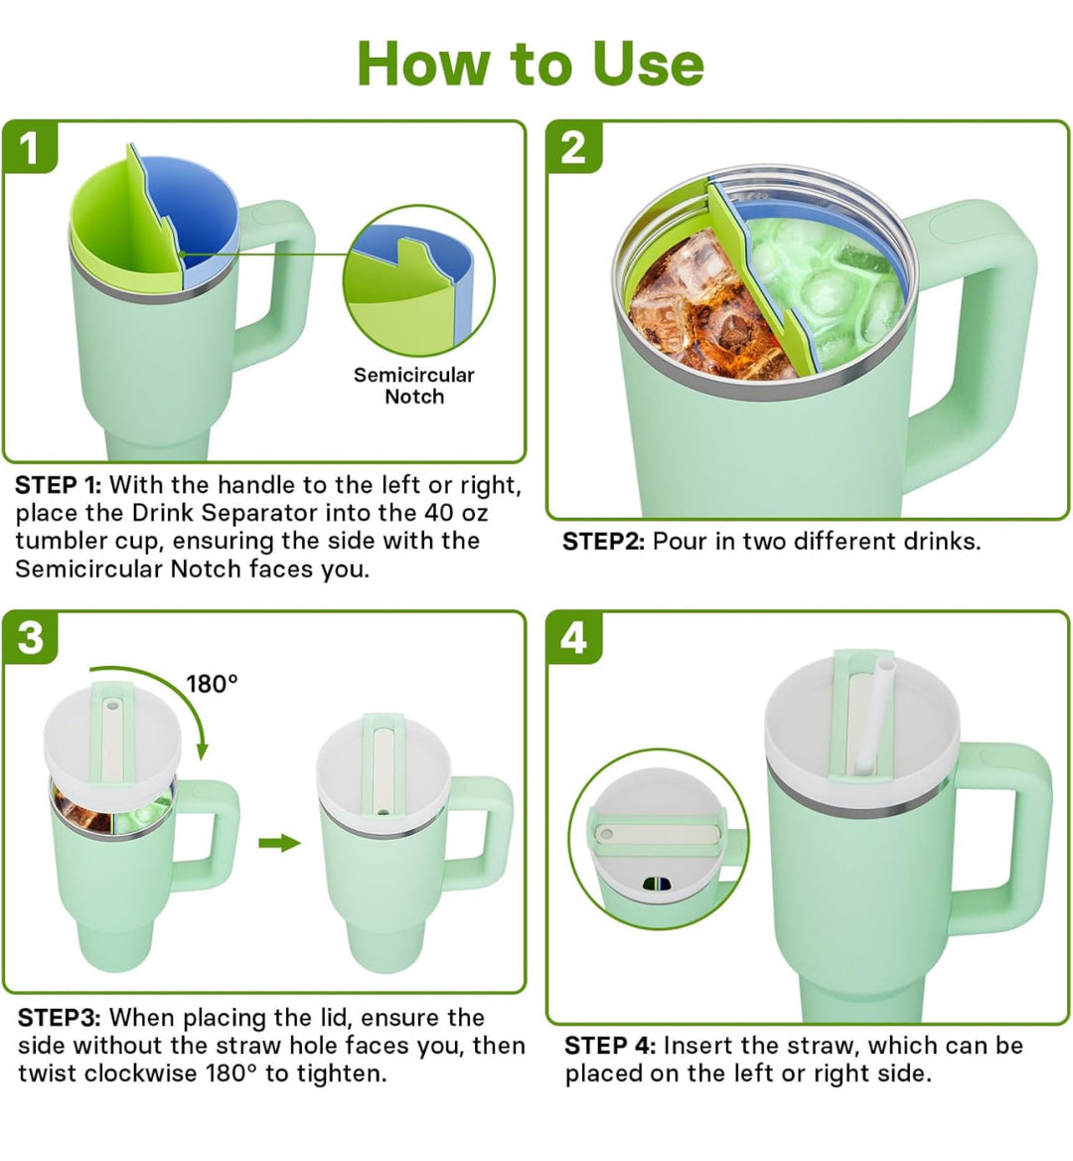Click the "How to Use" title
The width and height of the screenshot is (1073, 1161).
pos(531,64)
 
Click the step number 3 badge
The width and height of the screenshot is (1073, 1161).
pos(30,636)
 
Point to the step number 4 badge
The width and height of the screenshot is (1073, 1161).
pos(574,636)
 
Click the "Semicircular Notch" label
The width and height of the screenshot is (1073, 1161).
pos(414,386)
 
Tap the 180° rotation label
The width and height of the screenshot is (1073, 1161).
pos(213,684)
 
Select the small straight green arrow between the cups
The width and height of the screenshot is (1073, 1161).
pos(279,843)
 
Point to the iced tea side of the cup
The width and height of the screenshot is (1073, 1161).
pos(695,308)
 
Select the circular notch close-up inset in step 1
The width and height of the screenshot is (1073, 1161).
pos(418,280)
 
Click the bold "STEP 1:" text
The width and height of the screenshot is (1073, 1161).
pos(59,485)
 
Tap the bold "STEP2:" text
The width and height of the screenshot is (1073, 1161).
pos(604,542)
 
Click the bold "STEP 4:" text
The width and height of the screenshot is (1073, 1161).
pos(610,1046)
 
